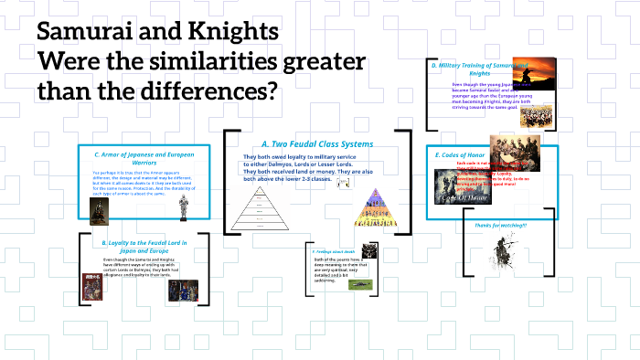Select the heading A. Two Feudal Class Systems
click(x=304, y=143)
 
